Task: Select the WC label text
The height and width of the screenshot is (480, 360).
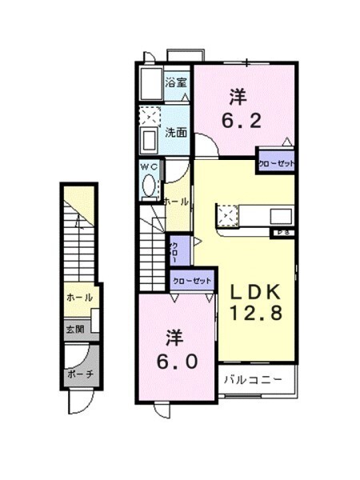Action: click(150, 166)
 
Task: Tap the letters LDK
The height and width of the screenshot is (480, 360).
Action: click(255, 290)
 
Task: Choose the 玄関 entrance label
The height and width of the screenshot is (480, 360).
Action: click(74, 326)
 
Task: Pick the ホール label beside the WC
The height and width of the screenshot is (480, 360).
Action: click(176, 202)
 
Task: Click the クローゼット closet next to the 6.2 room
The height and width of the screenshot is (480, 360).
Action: click(276, 163)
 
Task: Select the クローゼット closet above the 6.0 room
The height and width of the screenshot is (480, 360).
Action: click(192, 281)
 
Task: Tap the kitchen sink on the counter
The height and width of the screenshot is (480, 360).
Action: click(281, 216)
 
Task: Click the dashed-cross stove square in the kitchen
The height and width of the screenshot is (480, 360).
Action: click(227, 215)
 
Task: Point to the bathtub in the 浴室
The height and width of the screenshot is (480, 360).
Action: click(149, 82)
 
